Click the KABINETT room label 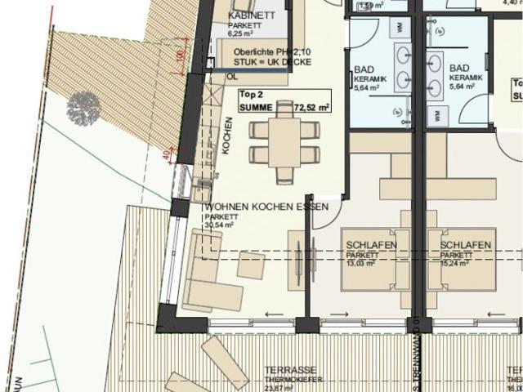(253, 16)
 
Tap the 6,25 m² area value (244, 34)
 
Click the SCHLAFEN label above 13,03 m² (371, 245)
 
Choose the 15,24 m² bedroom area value (454, 264)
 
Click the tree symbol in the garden (83, 105)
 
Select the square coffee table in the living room (251, 264)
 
